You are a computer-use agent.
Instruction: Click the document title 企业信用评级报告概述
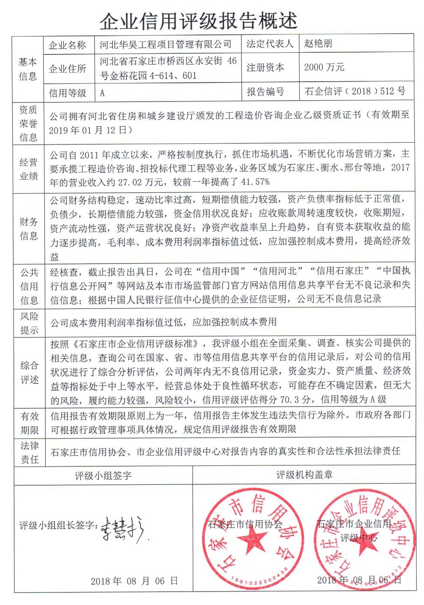199,20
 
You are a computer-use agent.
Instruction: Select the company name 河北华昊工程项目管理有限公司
166,44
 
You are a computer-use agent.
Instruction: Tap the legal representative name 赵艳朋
318,43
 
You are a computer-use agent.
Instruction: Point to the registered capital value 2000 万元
324,67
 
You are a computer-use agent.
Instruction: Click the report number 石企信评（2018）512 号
355,91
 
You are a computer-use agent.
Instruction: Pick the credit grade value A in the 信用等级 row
103,93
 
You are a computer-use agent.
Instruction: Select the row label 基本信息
28,69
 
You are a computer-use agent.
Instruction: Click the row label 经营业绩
29,169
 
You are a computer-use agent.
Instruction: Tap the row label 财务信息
29,229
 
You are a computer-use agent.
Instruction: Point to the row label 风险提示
29,323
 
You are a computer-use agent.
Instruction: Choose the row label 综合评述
29,373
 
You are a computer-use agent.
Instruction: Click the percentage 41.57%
255,182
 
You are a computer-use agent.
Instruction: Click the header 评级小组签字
103,476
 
